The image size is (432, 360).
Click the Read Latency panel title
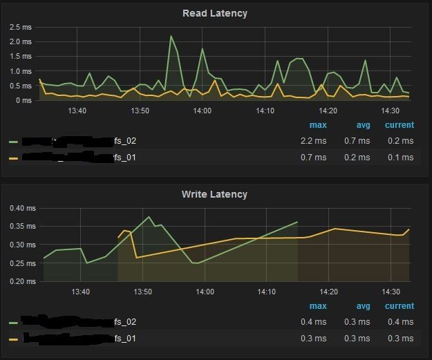point(214,13)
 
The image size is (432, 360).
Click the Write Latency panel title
point(214,194)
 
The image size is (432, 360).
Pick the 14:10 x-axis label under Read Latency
point(265,111)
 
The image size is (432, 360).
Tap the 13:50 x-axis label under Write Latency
point(142,292)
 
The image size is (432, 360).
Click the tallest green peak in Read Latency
point(171,37)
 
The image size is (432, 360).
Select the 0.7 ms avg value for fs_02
point(357,140)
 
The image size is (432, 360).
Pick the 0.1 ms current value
point(400,157)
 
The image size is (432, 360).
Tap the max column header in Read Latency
point(318,125)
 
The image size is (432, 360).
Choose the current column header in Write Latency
point(400,306)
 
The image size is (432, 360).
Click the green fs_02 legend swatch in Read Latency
point(14,141)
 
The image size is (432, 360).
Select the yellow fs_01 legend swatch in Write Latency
point(14,339)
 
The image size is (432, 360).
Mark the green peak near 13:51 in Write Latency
point(149,217)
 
